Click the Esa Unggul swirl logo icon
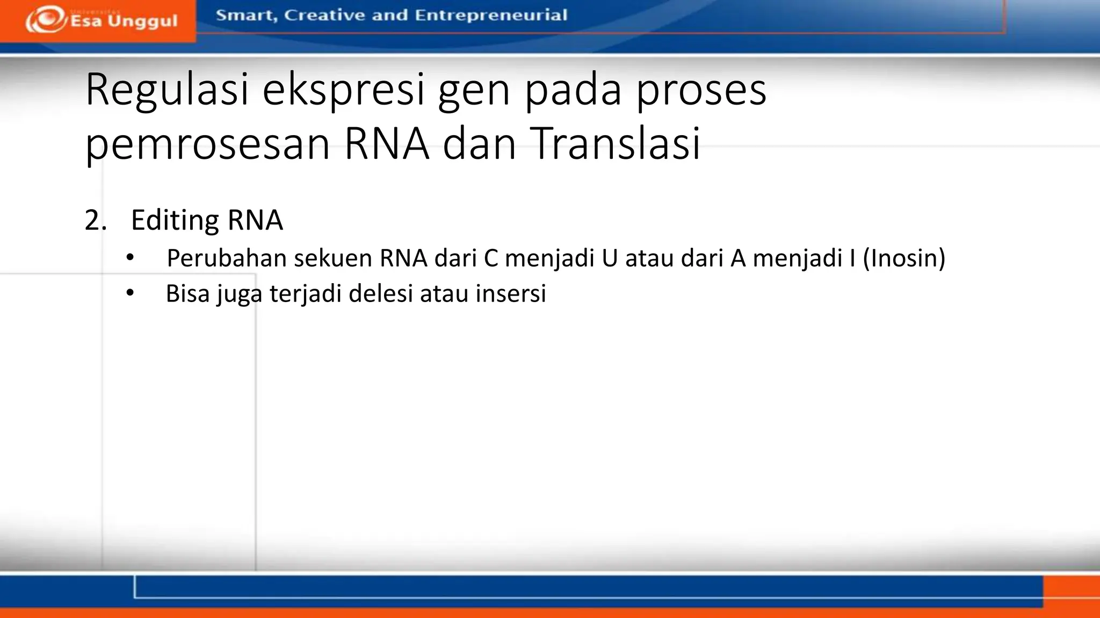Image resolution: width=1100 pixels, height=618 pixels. click(46, 20)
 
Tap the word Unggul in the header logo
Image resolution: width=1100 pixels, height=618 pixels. click(142, 21)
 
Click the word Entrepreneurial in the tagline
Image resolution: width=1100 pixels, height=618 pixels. click(491, 15)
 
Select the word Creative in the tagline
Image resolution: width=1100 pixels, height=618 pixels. click(324, 15)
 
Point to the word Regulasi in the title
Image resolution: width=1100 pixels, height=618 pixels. click(167, 90)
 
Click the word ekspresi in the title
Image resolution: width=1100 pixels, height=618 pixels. click(344, 90)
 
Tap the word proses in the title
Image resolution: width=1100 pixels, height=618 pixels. click(701, 90)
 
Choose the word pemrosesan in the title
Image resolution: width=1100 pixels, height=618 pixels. click(207, 143)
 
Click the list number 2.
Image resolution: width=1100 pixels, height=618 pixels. click(95, 220)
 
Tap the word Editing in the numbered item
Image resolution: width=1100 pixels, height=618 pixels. click(175, 220)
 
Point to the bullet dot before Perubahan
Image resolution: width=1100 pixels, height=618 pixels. click(130, 258)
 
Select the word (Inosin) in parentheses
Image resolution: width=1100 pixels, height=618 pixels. click(904, 258)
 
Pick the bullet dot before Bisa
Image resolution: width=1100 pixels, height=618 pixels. click(130, 293)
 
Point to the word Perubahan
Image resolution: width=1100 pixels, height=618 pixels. click(226, 259)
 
